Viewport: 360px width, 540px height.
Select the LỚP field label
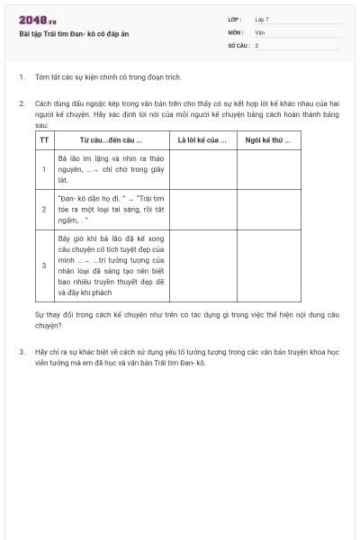point(234,19)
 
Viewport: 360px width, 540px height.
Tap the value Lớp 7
point(262,19)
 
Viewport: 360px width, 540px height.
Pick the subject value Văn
point(259,31)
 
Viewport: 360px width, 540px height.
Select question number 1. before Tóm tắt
point(22,78)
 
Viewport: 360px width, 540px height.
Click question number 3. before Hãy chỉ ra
point(22,351)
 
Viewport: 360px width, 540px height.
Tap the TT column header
point(44,140)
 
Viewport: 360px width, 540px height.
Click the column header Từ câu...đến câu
point(112,140)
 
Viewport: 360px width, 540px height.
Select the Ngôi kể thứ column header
point(269,140)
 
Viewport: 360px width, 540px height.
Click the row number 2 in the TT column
point(44,208)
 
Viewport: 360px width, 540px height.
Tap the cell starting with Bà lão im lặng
point(112,168)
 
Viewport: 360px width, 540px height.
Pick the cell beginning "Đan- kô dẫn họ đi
point(112,208)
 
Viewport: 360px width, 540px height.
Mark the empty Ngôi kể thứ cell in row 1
point(269,168)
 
